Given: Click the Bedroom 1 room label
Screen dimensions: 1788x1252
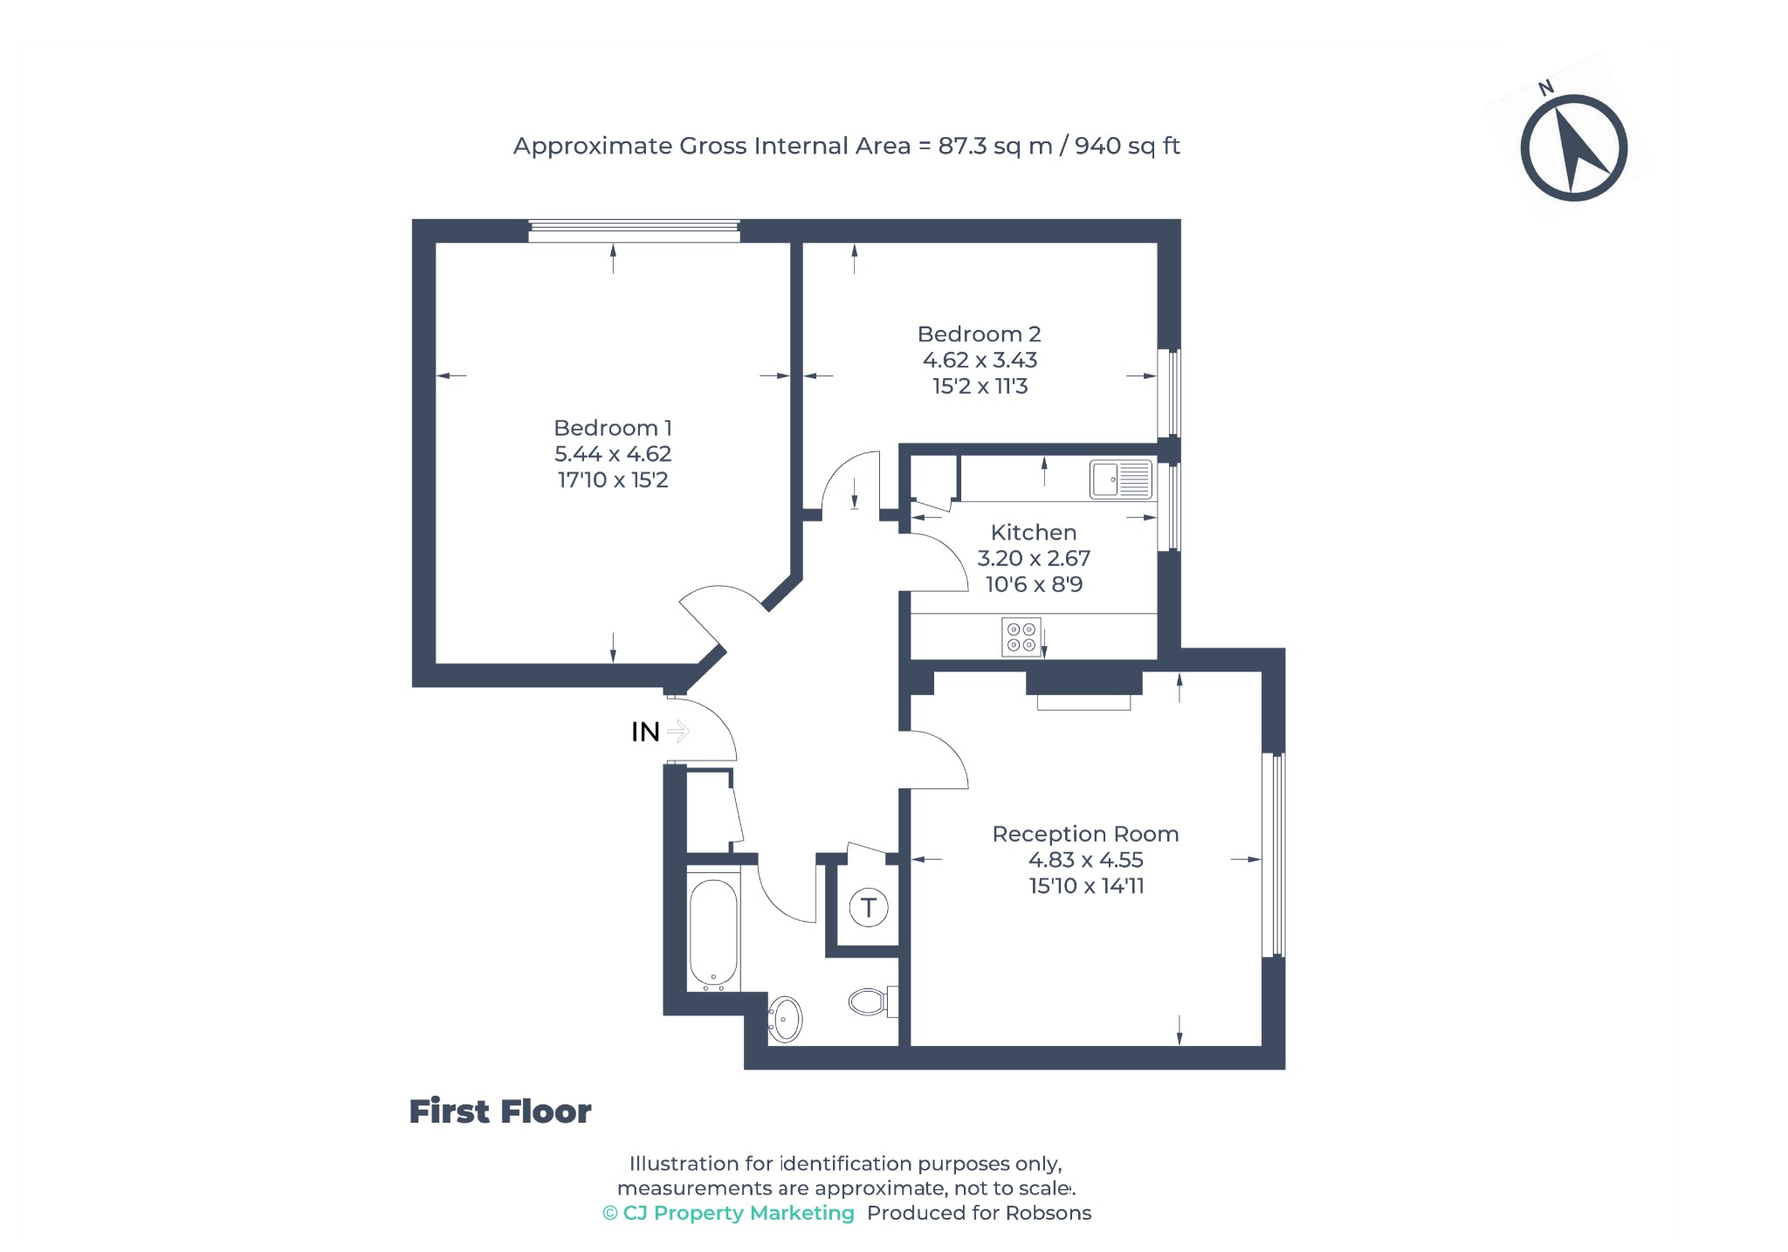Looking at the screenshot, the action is (x=613, y=428).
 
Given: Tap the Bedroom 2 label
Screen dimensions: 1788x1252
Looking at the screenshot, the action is (x=979, y=334).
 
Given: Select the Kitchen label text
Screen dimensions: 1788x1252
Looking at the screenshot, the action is (x=1034, y=533).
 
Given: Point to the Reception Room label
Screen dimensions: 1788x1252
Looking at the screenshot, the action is (x=1085, y=835).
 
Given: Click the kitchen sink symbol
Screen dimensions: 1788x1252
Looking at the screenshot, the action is (x=1121, y=479).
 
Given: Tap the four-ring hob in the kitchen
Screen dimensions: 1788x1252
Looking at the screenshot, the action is (x=1021, y=636).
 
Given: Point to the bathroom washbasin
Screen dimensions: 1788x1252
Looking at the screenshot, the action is (x=785, y=1019).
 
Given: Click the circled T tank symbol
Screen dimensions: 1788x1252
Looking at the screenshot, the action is (x=869, y=908).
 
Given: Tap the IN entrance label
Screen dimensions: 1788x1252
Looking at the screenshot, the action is (x=645, y=732).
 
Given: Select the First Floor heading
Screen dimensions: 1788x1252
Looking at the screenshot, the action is (x=500, y=1112).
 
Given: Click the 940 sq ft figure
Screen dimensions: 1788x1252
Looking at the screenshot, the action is (x=1127, y=146).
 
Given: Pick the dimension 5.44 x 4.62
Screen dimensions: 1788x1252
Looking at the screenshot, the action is (x=613, y=454).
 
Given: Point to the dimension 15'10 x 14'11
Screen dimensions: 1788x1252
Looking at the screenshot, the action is (x=1086, y=886).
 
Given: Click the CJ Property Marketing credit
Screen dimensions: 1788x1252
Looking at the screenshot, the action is (x=728, y=1214).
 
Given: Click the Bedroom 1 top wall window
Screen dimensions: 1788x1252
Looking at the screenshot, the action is (x=634, y=231).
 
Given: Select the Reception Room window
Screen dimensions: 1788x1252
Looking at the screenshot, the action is (x=1274, y=855).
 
